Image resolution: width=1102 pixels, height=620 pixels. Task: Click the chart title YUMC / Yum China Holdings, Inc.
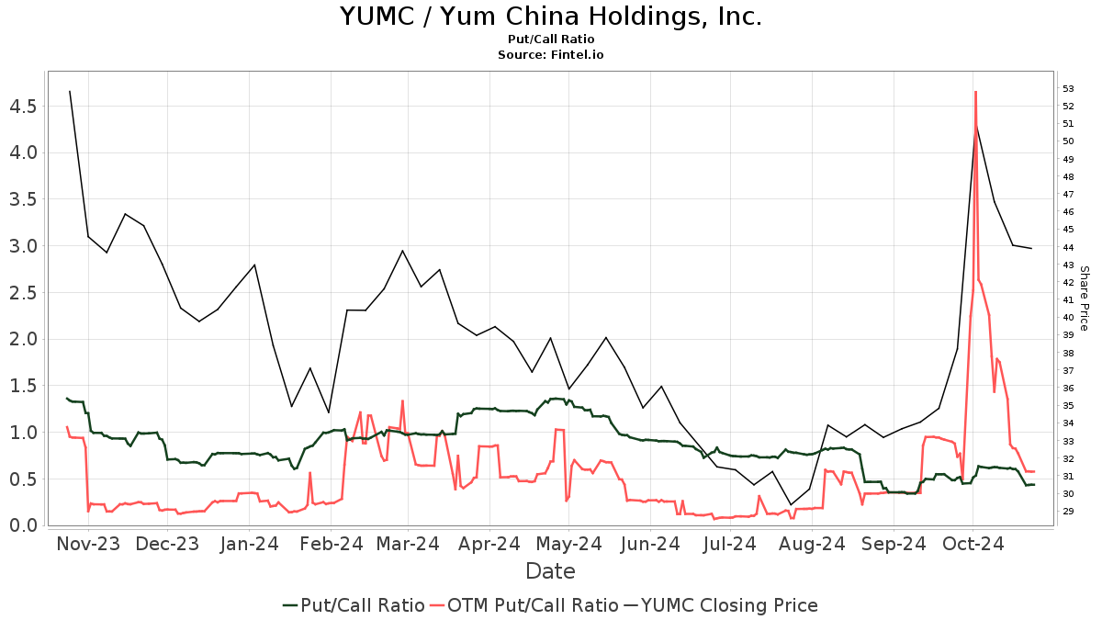(x=550, y=17)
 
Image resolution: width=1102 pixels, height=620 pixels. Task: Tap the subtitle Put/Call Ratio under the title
(x=550, y=39)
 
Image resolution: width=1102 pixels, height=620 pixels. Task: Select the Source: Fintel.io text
(x=550, y=55)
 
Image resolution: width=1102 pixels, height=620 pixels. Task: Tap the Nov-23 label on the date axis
(x=88, y=544)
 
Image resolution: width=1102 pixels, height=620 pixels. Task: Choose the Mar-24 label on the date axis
(x=409, y=544)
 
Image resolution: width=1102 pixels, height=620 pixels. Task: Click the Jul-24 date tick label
(x=730, y=544)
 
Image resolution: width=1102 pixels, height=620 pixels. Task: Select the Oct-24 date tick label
(x=972, y=544)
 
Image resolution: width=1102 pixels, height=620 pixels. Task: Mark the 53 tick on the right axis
(x=1068, y=89)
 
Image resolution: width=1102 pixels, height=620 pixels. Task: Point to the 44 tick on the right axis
(x=1068, y=247)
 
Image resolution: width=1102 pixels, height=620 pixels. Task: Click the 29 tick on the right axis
(x=1068, y=512)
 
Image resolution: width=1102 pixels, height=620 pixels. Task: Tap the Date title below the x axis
(x=550, y=571)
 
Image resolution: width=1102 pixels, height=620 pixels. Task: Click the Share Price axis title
(x=1084, y=299)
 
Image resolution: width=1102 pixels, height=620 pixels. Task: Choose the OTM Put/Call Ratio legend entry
(x=523, y=605)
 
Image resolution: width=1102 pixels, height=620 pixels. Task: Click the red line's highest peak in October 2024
(x=975, y=91)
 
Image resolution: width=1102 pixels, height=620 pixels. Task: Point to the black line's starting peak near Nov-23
(x=70, y=91)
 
